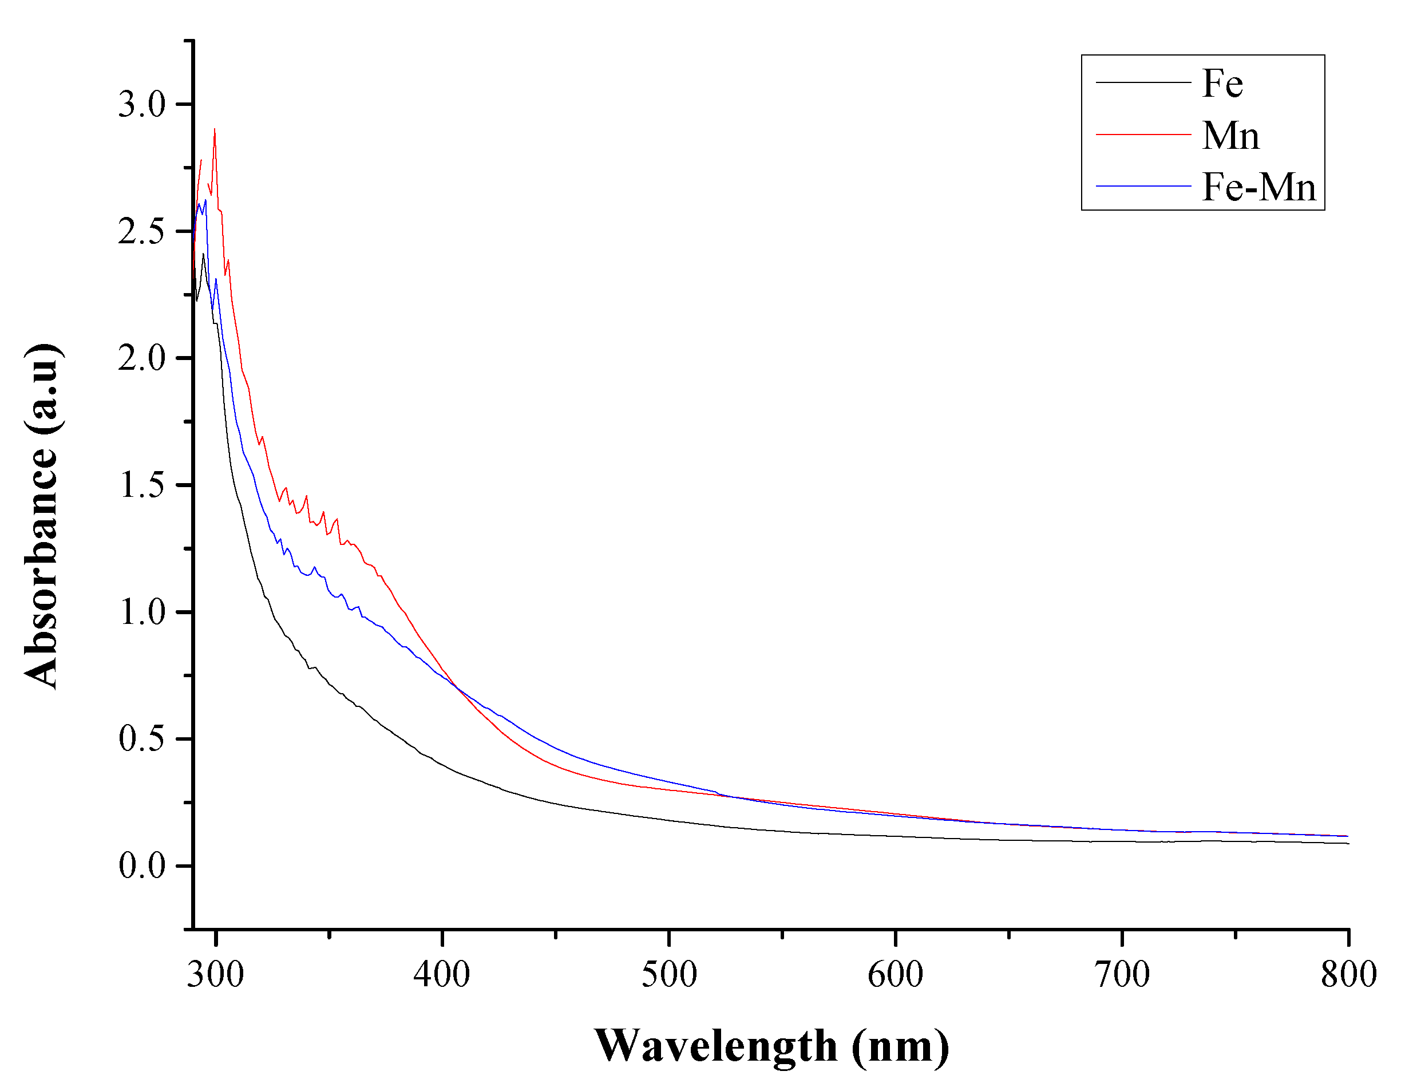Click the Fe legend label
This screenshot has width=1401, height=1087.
pyautogui.click(x=1222, y=84)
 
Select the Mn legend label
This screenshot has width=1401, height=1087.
pyautogui.click(x=1230, y=136)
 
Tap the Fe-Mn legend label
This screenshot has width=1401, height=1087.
pyautogui.click(x=1258, y=187)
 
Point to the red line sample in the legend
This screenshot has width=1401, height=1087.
pyautogui.click(x=1143, y=134)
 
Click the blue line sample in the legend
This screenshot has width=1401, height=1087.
pyautogui.click(x=1143, y=186)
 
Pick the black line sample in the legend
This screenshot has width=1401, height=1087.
pyautogui.click(x=1143, y=82)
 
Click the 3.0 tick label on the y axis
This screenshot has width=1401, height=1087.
pyautogui.click(x=142, y=104)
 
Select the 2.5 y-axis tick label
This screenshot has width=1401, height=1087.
pyautogui.click(x=142, y=231)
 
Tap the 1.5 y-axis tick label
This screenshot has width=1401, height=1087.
pyautogui.click(x=142, y=484)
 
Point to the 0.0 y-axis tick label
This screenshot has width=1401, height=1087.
pyautogui.click(x=142, y=865)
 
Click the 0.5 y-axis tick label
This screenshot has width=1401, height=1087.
pyautogui.click(x=142, y=738)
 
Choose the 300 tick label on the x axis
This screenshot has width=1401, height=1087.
pyautogui.click(x=216, y=974)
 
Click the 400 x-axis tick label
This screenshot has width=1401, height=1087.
pyautogui.click(x=442, y=974)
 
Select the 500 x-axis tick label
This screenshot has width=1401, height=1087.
pyautogui.click(x=669, y=974)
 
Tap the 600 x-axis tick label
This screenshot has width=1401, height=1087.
pyautogui.click(x=896, y=974)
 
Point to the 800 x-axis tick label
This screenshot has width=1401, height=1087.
pyautogui.click(x=1348, y=974)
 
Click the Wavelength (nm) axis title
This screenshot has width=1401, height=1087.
pyautogui.click(x=771, y=1046)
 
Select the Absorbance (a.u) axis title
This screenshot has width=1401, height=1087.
pyautogui.click(x=42, y=516)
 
